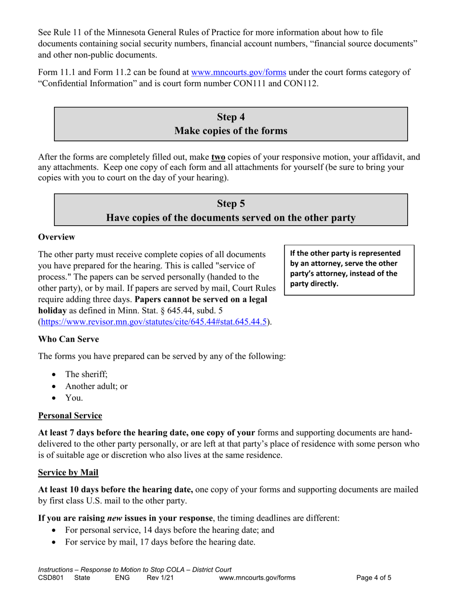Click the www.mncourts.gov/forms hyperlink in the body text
239,73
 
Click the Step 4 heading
231,117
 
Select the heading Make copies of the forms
231,131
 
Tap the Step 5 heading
231,204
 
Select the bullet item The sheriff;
86,374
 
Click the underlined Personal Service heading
70,416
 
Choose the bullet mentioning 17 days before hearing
160,542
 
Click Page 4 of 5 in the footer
373,578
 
